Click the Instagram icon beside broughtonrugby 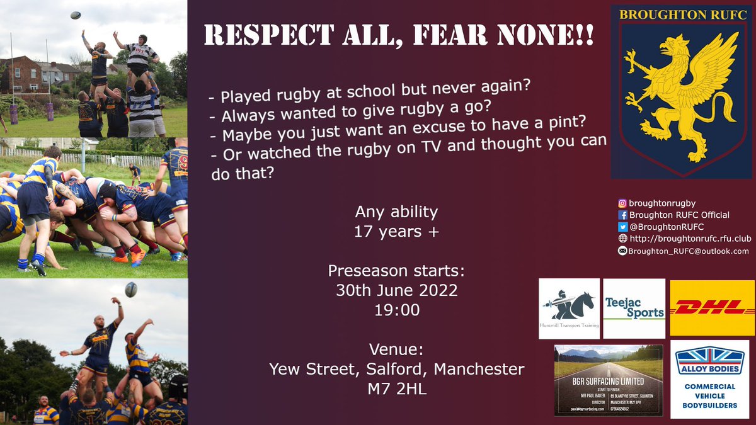pyautogui.click(x=622, y=203)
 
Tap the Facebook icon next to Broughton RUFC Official pyautogui.click(x=622, y=215)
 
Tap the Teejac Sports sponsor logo pyautogui.click(x=634, y=309)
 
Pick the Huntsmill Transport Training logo pyautogui.click(x=570, y=309)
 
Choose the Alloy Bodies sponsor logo pyautogui.click(x=709, y=379)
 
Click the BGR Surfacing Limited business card pyautogui.click(x=608, y=380)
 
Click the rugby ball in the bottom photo pyautogui.click(x=131, y=290)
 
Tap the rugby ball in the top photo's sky pyautogui.click(x=75, y=15)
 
